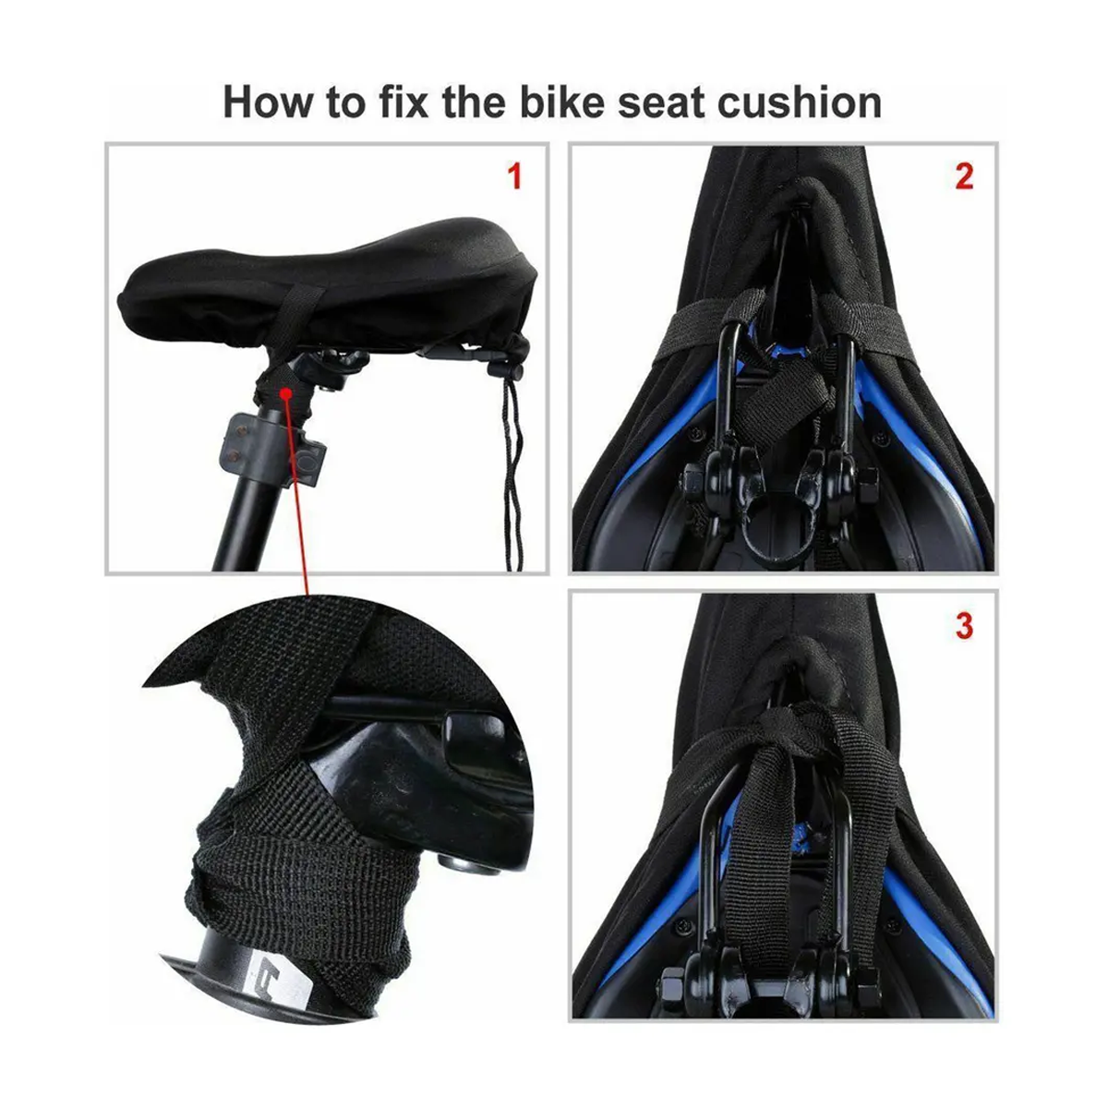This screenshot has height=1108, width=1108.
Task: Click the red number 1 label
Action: tap(514, 176)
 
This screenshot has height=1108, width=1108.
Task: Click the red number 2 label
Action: tap(964, 176)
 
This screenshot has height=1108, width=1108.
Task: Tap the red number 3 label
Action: tap(964, 626)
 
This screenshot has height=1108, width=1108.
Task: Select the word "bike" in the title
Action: tap(562, 102)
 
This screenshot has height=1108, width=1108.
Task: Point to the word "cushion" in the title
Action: tap(800, 102)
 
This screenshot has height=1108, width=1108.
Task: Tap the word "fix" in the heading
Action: tap(403, 102)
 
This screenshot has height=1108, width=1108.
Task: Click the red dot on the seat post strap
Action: tap(285, 392)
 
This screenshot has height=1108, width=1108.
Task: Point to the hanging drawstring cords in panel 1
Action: tap(512, 472)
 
